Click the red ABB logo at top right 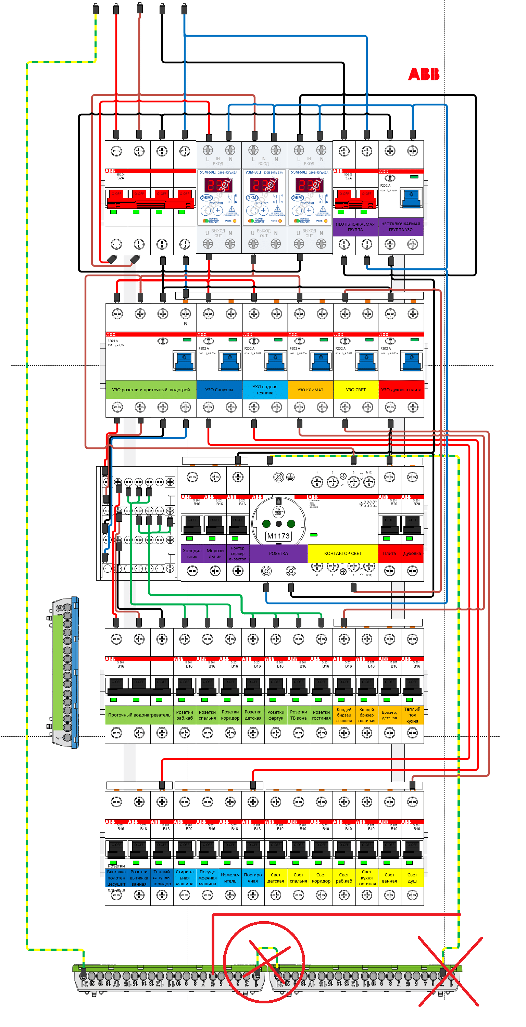[x=423, y=74]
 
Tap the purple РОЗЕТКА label [x=278, y=553]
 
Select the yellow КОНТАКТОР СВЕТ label [x=342, y=553]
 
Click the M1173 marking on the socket [x=278, y=536]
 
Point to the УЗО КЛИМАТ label [x=310, y=390]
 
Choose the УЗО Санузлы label [x=219, y=390]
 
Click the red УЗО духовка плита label [x=401, y=390]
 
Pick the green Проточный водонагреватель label [x=139, y=715]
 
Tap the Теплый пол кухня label [x=412, y=715]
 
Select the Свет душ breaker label [x=412, y=878]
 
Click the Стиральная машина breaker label [x=185, y=878]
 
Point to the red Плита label [x=389, y=553]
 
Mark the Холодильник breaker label [x=192, y=553]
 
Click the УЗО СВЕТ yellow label [x=356, y=390]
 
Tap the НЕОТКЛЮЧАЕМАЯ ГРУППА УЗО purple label [x=401, y=227]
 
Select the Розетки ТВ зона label [x=298, y=715]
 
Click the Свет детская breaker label [x=276, y=878]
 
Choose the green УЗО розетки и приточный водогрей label [x=151, y=390]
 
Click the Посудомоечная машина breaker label [x=208, y=878]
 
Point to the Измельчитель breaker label [x=230, y=878]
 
